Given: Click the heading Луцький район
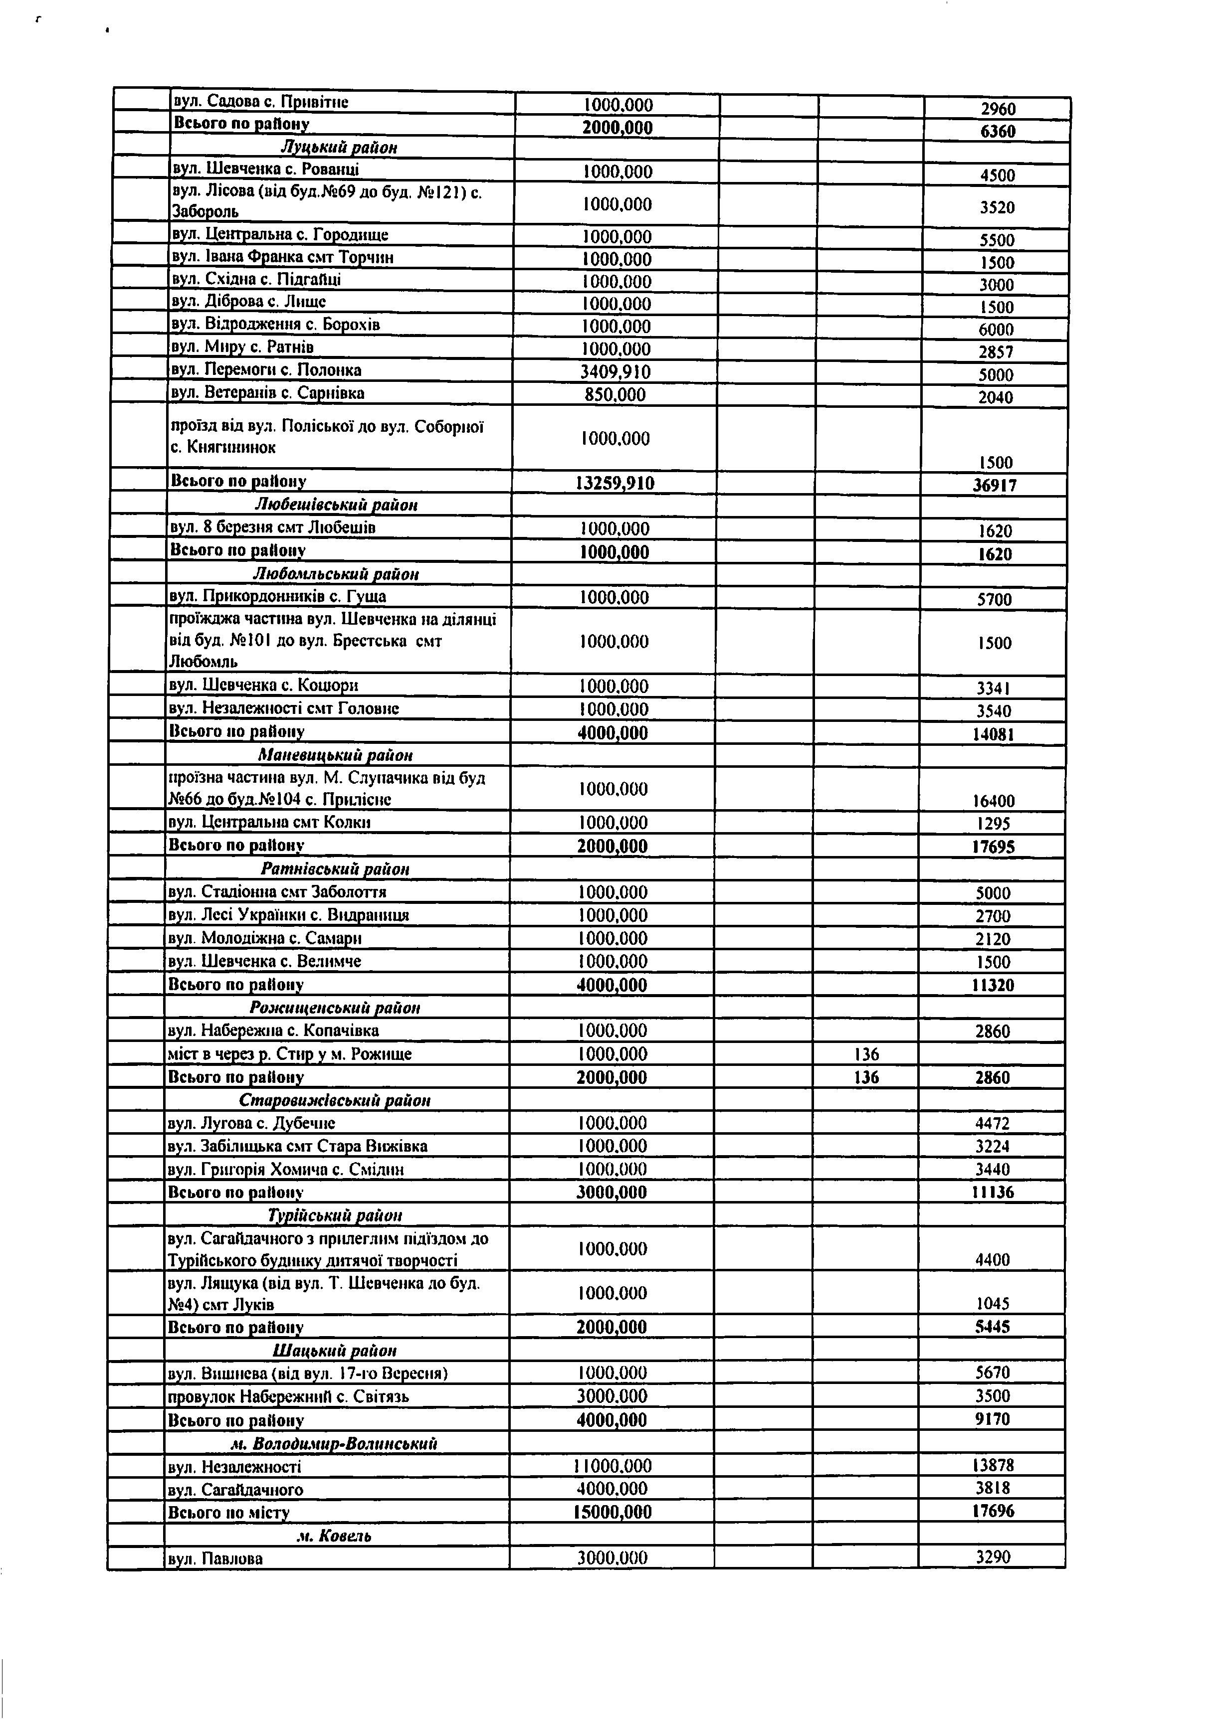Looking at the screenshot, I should [339, 147].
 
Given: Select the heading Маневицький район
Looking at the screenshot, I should [336, 755].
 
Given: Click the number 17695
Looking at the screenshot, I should [993, 847].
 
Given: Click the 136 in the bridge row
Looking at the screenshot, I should [866, 1054].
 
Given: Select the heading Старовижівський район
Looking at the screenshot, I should [335, 1100].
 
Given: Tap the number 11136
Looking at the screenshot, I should [993, 1193].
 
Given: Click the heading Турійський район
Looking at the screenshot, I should [335, 1215].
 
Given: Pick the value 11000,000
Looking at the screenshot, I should [612, 1466].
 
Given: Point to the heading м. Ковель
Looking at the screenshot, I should [333, 1536].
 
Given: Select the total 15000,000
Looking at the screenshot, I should [612, 1513].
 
